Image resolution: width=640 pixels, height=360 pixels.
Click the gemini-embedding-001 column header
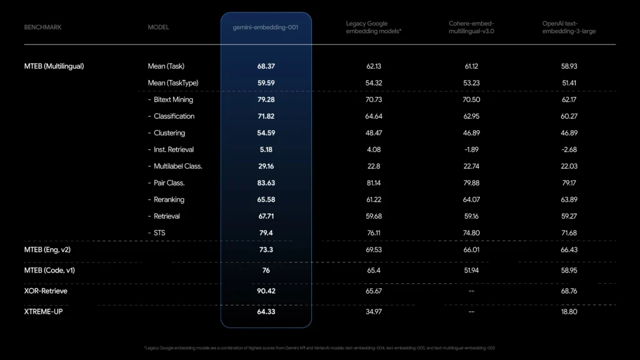pos(266,27)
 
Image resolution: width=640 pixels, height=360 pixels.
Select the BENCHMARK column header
pos(42,27)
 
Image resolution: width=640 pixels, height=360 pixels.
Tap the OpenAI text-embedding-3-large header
pos(569,27)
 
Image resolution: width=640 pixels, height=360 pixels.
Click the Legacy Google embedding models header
pos(373,27)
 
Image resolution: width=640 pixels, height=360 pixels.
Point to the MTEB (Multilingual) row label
pos(54,66)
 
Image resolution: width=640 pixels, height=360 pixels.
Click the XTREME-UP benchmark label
pos(43,311)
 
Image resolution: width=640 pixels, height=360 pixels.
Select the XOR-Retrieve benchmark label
pos(46,291)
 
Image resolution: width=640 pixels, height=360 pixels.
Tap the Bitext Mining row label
pos(173,99)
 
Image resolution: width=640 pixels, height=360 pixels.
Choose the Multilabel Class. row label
pos(177,166)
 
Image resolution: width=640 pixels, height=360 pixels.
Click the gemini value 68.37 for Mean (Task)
pos(266,66)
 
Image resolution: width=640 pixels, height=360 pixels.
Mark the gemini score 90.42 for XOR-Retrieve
pos(266,291)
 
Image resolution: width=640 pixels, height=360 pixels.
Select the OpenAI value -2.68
pos(569,149)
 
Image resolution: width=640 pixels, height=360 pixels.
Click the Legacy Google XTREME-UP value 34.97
pos(373,311)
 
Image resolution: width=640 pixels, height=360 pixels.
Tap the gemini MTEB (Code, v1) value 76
pos(266,271)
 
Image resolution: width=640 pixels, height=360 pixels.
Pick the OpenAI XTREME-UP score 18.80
pos(569,311)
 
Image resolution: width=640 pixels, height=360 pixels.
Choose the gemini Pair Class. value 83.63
pos(266,183)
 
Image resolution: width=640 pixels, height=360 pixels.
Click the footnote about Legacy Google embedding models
pos(319,348)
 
